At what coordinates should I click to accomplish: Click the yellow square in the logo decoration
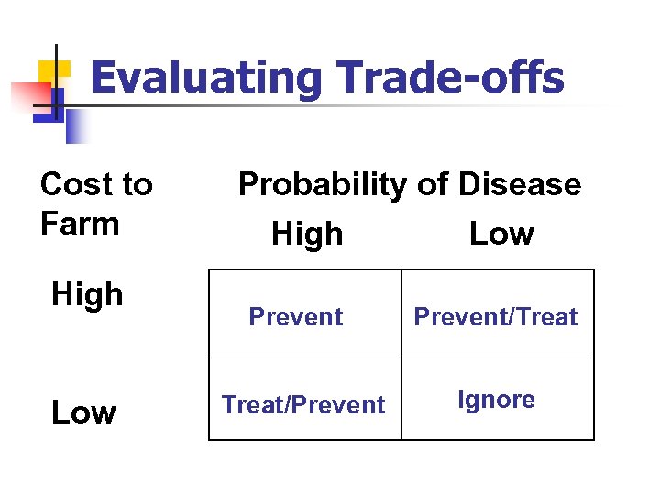[x=55, y=73]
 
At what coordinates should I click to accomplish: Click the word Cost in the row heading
[x=71, y=184]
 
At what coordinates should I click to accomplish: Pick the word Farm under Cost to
[x=80, y=224]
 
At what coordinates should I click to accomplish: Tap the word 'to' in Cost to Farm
[x=135, y=184]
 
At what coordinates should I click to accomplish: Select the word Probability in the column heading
[x=321, y=185]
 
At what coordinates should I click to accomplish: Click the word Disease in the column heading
[x=519, y=184]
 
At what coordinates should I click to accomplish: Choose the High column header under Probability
[x=307, y=235]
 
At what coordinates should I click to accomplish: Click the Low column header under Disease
[x=501, y=235]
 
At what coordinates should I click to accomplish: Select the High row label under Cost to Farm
[x=87, y=295]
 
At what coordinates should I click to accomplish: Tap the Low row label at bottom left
[x=83, y=413]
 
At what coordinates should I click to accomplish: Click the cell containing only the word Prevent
[x=296, y=317]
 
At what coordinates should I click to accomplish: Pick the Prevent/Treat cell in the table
[x=496, y=317]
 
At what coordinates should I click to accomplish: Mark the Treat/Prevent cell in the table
[x=303, y=404]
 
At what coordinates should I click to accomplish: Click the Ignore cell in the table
[x=497, y=400]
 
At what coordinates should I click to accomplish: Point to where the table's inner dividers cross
[x=401, y=357]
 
